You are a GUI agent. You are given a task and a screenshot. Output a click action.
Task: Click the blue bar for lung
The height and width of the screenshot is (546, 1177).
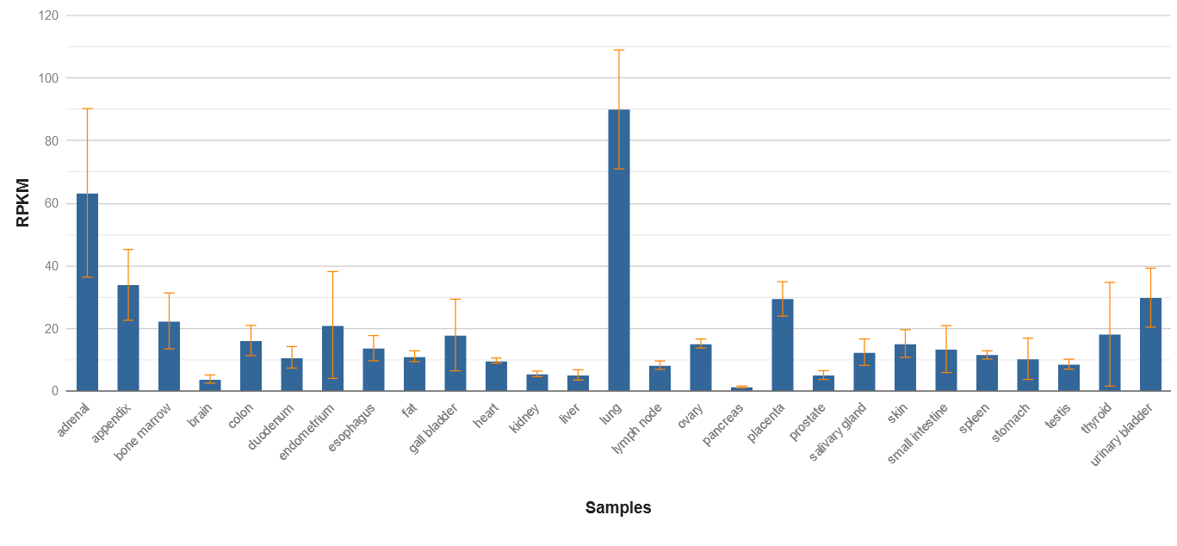(619, 250)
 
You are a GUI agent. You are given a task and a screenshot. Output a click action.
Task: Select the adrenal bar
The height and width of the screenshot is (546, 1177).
(87, 292)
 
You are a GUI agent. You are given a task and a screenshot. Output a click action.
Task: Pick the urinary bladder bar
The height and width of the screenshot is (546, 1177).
(1150, 344)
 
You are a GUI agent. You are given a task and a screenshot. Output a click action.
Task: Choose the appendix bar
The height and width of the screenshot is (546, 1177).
(128, 338)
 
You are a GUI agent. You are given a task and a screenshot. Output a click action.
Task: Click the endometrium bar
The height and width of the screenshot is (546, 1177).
(332, 358)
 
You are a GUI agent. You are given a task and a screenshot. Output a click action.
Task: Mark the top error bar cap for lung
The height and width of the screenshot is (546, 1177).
(619, 50)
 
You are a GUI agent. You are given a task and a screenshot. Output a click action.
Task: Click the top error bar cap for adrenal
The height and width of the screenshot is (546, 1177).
(87, 109)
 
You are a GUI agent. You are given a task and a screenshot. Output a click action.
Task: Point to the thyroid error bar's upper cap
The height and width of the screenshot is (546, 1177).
(1110, 282)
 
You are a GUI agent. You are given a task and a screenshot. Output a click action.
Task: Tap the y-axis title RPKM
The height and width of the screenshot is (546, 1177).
(23, 202)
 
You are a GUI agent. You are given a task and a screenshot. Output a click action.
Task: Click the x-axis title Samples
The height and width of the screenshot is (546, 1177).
(618, 507)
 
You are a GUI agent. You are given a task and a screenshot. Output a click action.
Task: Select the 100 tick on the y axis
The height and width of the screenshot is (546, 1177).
(48, 78)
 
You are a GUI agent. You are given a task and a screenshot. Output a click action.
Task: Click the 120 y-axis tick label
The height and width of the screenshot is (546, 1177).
(48, 16)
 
